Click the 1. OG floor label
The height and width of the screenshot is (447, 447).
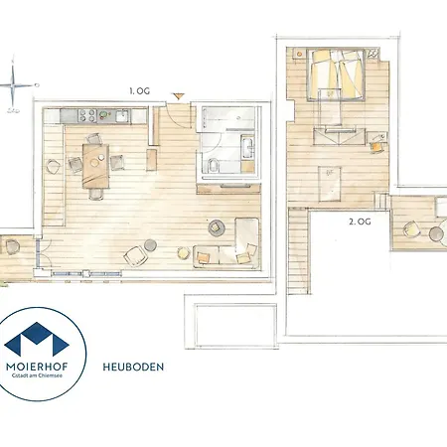(x=139, y=90)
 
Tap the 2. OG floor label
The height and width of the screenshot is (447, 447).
(x=360, y=222)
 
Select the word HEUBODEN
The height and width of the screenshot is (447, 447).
(x=133, y=367)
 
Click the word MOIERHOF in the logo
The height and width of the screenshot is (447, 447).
(x=37, y=367)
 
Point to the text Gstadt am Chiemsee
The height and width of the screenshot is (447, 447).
(x=37, y=375)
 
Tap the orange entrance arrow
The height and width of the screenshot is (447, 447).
(x=179, y=96)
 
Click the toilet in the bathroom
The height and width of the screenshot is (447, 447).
(x=214, y=165)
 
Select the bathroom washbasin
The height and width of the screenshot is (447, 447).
(x=247, y=148)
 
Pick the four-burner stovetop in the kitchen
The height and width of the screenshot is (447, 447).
(x=87, y=116)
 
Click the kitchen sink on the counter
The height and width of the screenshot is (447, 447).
(x=122, y=116)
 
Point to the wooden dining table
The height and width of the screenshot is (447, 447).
(x=95, y=166)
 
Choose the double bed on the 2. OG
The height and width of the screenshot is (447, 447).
(x=336, y=74)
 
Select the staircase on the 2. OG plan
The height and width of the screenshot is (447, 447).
(x=298, y=250)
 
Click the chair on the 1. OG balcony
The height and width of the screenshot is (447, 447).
(x=12, y=246)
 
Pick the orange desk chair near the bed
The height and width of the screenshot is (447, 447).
(x=375, y=147)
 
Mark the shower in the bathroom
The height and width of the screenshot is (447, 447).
(x=227, y=118)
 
